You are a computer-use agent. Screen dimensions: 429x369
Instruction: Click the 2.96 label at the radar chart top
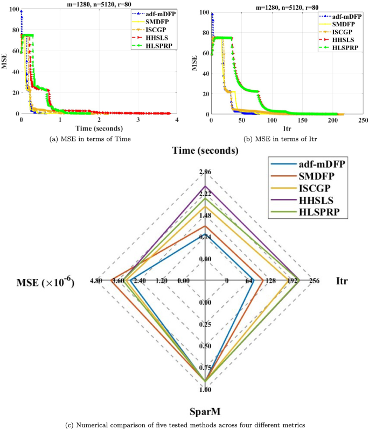click(x=205, y=172)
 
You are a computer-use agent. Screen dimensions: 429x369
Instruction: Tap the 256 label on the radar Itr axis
click(x=314, y=281)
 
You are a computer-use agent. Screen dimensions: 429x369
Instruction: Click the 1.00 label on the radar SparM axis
click(x=205, y=390)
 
